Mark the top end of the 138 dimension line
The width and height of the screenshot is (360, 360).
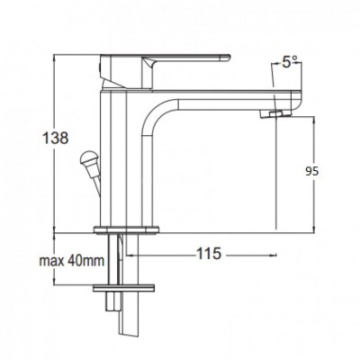(x=60, y=42)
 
